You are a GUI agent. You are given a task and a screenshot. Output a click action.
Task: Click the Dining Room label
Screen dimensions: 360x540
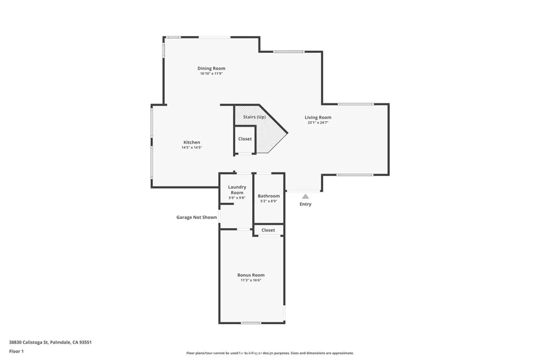click(211, 69)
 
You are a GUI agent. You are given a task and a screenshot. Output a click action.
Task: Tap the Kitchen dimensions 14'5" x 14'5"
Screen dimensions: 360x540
click(191, 148)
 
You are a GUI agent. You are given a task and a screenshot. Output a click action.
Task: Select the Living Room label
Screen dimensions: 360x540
click(318, 118)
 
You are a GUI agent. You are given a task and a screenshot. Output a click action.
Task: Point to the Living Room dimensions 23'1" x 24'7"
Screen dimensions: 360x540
click(318, 123)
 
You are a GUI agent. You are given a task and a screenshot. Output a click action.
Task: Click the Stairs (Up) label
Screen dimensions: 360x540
click(254, 117)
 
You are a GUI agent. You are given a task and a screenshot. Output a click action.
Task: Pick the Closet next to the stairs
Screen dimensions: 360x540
click(245, 139)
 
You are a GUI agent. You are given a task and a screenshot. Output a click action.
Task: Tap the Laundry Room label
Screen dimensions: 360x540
click(237, 190)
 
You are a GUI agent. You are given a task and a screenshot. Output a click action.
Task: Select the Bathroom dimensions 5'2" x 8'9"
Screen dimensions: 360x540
click(268, 201)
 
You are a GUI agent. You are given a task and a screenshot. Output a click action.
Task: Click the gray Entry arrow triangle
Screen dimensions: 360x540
click(305, 197)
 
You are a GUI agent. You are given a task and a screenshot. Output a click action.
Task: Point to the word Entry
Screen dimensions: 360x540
click(305, 205)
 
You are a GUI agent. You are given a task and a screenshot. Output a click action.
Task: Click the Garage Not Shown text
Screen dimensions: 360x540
click(196, 217)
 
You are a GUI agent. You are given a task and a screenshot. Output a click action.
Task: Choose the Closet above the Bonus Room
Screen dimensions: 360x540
click(268, 230)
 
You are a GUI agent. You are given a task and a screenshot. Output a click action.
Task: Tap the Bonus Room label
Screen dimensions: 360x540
click(251, 275)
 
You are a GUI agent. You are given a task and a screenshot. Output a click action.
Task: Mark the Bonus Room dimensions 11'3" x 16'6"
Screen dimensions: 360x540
click(251, 280)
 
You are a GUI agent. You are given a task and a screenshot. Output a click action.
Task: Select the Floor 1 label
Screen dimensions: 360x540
click(16, 351)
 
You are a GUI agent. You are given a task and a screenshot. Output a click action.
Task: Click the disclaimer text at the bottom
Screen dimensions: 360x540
click(269, 353)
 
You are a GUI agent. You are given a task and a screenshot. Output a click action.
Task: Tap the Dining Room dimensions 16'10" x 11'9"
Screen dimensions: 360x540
click(211, 74)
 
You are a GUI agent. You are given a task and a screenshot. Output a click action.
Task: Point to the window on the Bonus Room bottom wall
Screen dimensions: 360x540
click(251, 323)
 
